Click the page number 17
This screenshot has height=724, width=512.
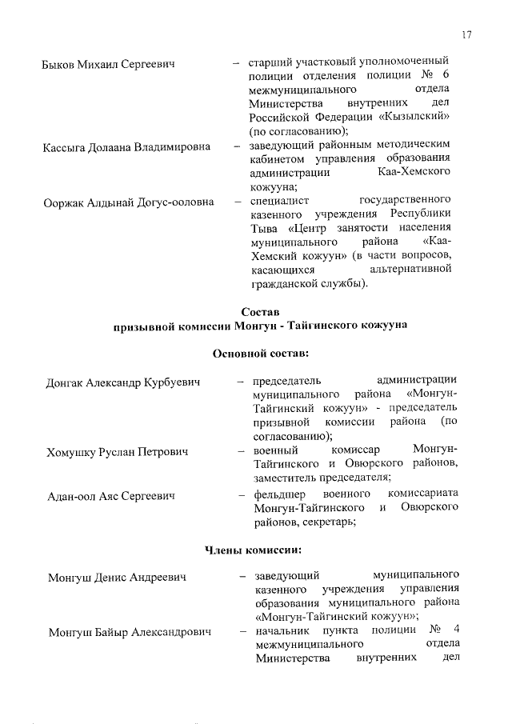[466, 34]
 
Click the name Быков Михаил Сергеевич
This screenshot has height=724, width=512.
[108, 64]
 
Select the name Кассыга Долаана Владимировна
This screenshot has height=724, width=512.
[126, 147]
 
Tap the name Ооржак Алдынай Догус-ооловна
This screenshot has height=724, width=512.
[129, 202]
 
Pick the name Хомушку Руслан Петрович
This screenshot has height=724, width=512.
[117, 453]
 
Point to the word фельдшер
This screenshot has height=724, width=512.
[282, 494]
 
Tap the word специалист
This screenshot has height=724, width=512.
[279, 199]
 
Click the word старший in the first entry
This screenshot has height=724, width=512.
[269, 61]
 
